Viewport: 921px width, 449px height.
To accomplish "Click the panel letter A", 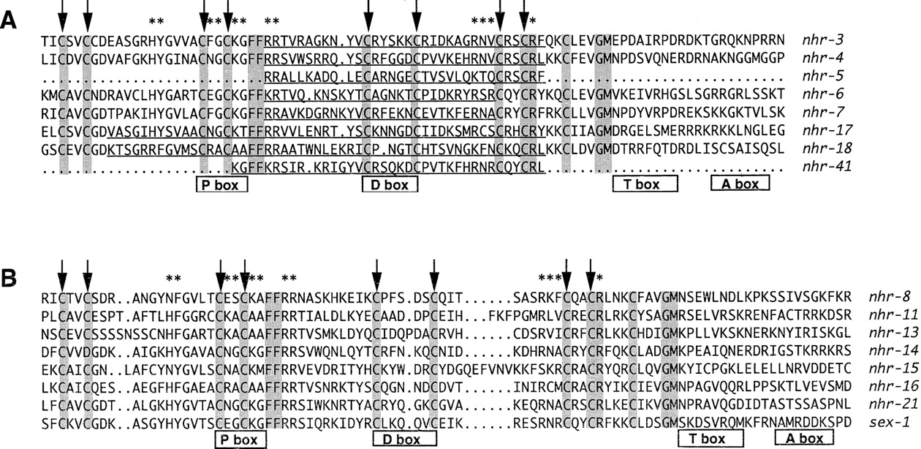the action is click(8, 20).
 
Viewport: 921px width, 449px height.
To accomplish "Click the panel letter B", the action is click(8, 279).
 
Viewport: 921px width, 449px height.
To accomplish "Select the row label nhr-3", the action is click(823, 40).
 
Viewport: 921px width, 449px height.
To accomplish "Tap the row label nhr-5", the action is click(823, 76).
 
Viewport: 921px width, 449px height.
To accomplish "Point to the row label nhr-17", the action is click(827, 130).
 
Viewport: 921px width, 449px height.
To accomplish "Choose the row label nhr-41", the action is click(827, 167).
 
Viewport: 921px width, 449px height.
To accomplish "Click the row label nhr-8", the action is click(890, 296).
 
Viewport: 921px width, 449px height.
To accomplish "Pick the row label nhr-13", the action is click(893, 333).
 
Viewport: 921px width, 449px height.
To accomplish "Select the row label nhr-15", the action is click(893, 369).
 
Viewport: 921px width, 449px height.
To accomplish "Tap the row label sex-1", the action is click(890, 422).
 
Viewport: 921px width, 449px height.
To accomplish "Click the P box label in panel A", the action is click(222, 184).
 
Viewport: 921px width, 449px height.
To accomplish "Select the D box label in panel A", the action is click(390, 184).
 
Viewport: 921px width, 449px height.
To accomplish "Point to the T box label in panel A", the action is click(645, 184).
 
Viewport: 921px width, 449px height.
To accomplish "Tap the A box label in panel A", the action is click(740, 184).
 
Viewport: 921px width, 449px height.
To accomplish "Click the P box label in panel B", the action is click(240, 439).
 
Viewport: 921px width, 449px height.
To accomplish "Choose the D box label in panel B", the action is click(405, 439).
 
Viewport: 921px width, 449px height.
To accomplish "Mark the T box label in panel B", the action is click(710, 438).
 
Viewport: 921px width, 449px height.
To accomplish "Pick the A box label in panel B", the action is click(805, 438).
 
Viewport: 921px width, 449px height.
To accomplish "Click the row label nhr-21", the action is click(893, 404).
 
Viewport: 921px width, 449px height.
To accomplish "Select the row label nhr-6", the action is click(823, 94).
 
